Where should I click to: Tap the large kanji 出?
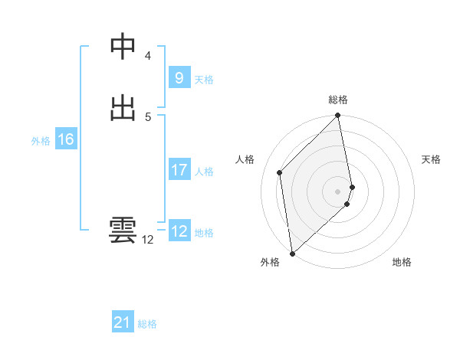coord(123,107)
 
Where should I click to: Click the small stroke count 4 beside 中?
coord(148,56)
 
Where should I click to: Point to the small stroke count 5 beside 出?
coord(148,116)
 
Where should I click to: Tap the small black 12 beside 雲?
coord(148,240)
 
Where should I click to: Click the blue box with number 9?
coord(179,78)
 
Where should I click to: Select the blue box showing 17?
coord(179,170)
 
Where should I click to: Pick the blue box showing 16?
coord(65,139)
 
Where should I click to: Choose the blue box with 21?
coord(123,323)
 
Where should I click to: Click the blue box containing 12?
coord(179,231)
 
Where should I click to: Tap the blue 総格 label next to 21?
coord(147,325)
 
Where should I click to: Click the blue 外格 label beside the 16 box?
coord(41,141)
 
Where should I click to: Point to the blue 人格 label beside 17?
coord(205,172)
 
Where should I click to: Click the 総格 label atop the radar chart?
coord(338,100)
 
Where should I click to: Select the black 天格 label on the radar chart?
coord(432,159)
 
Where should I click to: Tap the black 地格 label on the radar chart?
coord(402,263)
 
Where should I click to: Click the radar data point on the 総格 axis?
coord(338,116)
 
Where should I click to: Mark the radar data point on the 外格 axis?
coord(292,253)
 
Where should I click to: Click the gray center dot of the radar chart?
coord(338,191)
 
